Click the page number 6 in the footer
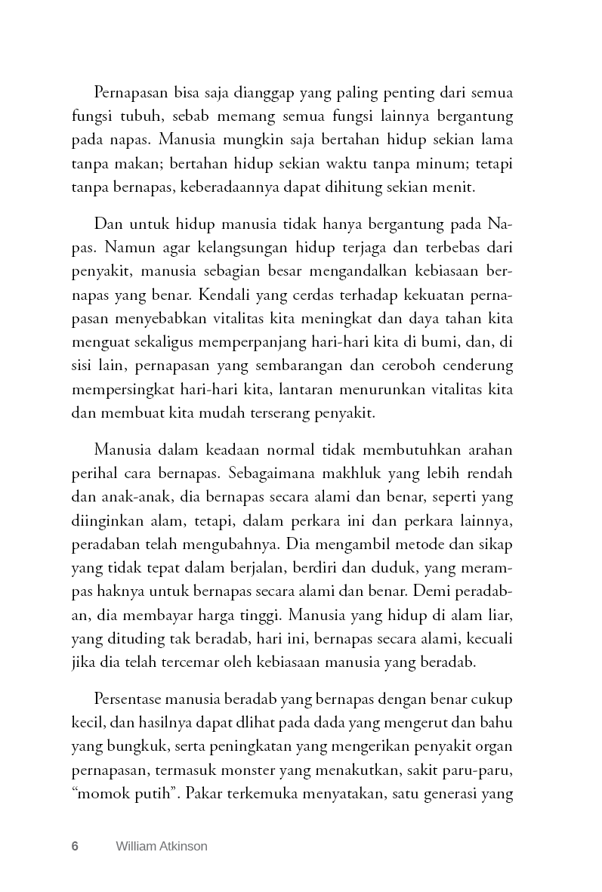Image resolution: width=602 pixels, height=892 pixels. pyautogui.click(x=75, y=846)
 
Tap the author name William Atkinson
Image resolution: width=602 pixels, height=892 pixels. pyautogui.click(x=162, y=846)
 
